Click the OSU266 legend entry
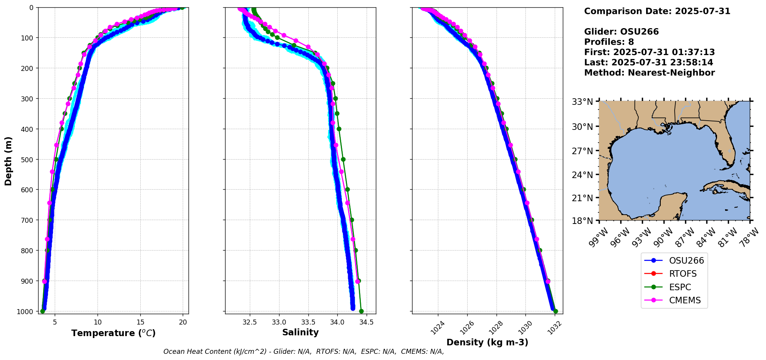click(x=686, y=261)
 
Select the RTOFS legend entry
click(x=682, y=274)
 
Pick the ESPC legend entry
click(x=680, y=287)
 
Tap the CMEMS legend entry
click(x=685, y=300)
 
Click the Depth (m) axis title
click(x=8, y=161)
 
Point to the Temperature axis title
click(x=113, y=333)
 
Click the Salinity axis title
click(x=300, y=332)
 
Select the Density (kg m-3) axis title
click(x=487, y=342)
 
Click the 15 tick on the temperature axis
click(x=140, y=322)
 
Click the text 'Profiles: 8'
click(x=609, y=42)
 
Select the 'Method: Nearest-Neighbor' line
click(x=649, y=73)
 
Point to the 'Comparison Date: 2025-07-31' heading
click(x=657, y=11)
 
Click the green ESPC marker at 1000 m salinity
click(x=361, y=311)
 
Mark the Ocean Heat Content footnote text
click(x=303, y=352)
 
